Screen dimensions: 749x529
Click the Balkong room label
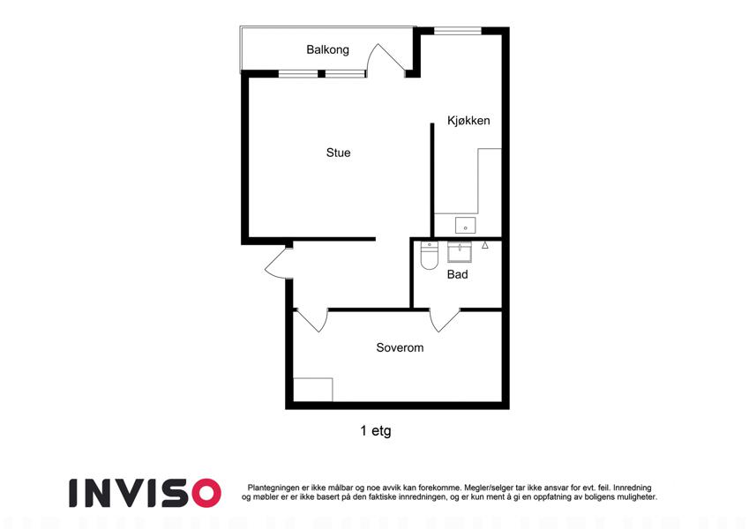[x=327, y=49]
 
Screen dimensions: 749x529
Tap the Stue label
[x=338, y=153]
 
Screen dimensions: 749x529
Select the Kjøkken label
[x=468, y=120]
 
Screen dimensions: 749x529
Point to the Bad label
[x=457, y=274]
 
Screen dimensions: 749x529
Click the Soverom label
[x=400, y=347]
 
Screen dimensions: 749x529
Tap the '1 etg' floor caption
[x=376, y=430]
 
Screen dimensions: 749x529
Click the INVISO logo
[x=146, y=493]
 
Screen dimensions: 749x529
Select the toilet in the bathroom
[x=429, y=256]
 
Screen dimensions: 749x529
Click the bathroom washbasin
[x=460, y=252]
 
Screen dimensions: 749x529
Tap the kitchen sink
[x=465, y=226]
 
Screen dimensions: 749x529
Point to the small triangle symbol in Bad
[x=485, y=245]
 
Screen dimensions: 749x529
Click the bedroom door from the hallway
[x=312, y=321]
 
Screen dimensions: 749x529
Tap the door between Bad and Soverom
[x=445, y=320]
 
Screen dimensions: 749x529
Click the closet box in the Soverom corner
[x=312, y=390]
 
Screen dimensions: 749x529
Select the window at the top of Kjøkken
[x=458, y=31]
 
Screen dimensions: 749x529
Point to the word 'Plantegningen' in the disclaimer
[x=273, y=488]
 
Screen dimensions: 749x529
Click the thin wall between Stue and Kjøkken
[x=432, y=180]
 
